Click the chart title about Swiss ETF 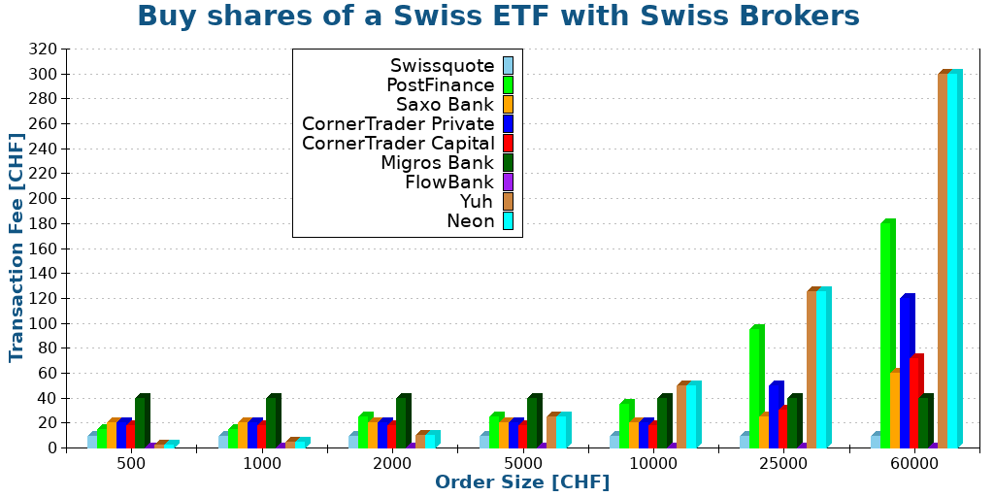(497, 17)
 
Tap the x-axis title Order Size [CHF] (522, 482)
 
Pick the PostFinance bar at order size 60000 (885, 335)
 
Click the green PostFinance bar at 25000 (754, 388)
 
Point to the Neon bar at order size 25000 (821, 369)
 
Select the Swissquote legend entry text (442, 66)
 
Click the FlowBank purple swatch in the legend (508, 182)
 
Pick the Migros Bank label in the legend (437, 162)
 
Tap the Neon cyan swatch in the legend (508, 220)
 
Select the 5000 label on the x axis (522, 463)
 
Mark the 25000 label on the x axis (783, 463)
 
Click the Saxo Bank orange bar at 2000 (373, 434)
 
